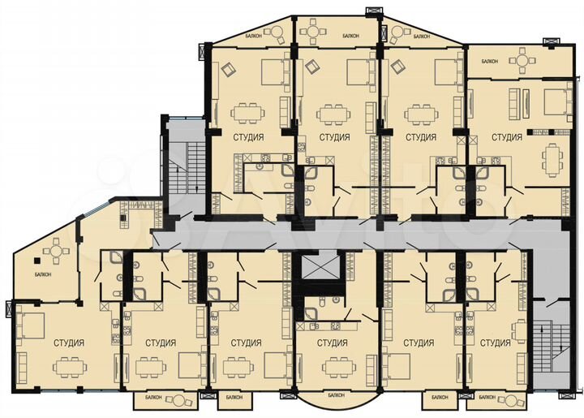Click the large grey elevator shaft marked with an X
317,269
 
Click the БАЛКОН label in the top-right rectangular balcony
489,62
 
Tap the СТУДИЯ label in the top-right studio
507,137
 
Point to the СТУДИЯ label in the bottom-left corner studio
69,342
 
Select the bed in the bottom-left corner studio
30,325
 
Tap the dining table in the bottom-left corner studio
70,366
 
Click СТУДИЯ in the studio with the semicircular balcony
333,343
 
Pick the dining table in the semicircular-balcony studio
333,366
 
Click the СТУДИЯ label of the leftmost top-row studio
247,137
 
